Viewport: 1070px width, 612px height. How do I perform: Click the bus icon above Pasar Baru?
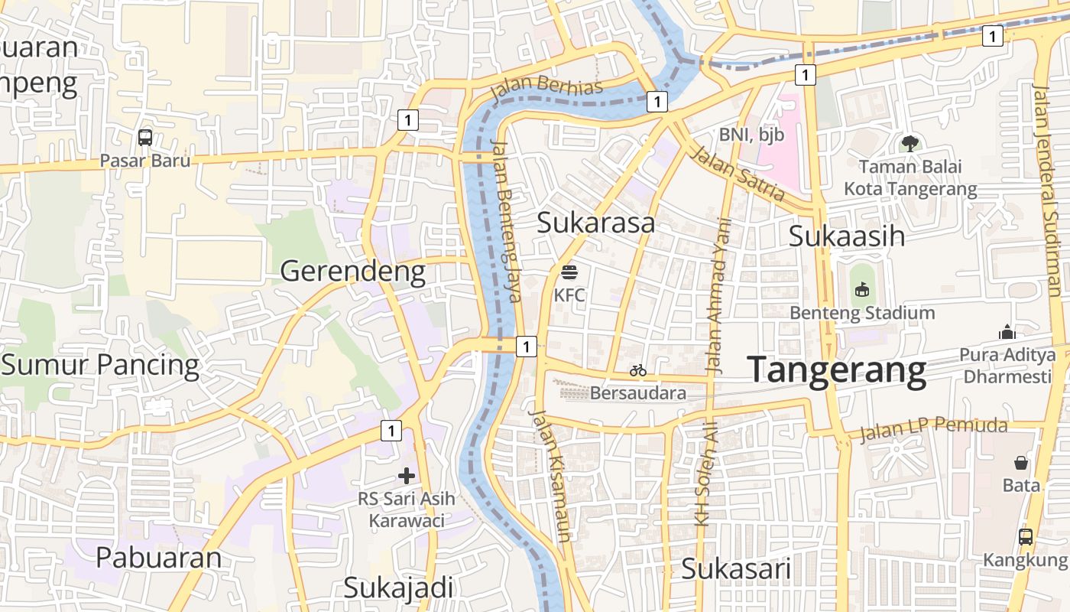(145, 138)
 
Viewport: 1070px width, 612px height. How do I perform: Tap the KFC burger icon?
(569, 272)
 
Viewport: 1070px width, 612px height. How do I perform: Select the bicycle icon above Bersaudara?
(638, 370)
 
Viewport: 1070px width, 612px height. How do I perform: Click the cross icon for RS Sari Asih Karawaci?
(407, 476)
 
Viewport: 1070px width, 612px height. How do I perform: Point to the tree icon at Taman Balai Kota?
(909, 143)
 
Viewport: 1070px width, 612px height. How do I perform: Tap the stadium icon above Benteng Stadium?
(862, 289)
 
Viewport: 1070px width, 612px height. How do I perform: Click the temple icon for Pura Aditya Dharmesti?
(1007, 332)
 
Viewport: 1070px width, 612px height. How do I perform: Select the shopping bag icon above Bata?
(1021, 463)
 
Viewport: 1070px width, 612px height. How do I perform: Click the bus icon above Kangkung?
(1026, 536)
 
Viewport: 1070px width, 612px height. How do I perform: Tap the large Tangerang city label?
(837, 370)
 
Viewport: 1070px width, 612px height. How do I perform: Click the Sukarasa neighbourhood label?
(595, 223)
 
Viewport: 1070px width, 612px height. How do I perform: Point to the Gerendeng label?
(352, 271)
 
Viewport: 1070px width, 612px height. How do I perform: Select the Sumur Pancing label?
(100, 365)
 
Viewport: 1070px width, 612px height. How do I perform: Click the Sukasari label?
(735, 569)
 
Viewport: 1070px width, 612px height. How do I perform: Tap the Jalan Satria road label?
(737, 174)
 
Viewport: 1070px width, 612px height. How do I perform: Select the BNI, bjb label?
(751, 135)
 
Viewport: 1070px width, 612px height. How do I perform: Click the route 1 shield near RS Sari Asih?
(391, 431)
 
